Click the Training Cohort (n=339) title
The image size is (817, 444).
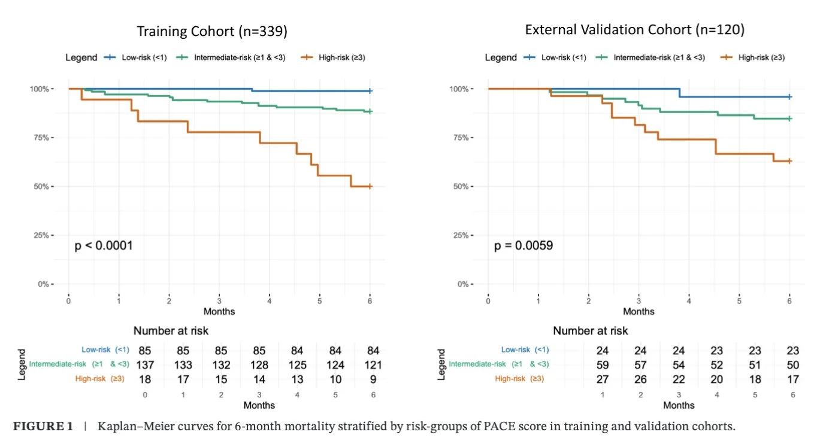212,32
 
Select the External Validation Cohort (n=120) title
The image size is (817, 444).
634,30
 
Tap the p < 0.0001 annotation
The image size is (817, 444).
104,245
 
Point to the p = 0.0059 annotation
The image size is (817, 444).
523,245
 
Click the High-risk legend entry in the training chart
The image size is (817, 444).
334,57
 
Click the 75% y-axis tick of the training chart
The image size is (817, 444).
45,138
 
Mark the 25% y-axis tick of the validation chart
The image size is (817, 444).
464,235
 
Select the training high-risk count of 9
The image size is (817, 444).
371,378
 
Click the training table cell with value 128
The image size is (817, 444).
258,364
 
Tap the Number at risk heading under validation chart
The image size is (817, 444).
590,331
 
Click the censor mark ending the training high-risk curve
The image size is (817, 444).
370,187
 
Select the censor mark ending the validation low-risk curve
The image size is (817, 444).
790,96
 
